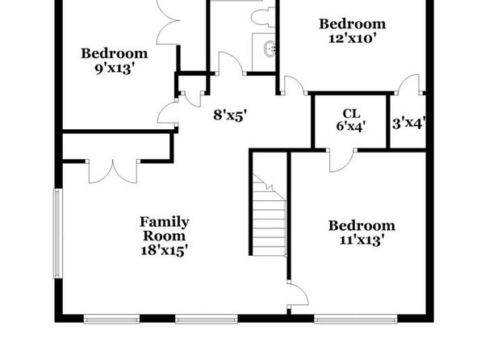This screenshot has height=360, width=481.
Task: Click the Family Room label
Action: point(165,229)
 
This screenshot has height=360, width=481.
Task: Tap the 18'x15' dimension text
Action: point(164,250)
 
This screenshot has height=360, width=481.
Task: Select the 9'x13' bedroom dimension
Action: point(115,69)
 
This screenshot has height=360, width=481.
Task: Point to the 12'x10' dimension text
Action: point(353,39)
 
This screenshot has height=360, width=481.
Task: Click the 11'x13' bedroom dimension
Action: point(362,240)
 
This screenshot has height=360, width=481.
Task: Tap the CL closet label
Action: point(351,114)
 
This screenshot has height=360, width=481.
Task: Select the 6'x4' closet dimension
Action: point(351,126)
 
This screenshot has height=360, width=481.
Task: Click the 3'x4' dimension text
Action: point(409,123)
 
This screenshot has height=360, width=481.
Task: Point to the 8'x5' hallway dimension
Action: point(230,115)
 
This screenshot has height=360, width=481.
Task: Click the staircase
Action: point(269,215)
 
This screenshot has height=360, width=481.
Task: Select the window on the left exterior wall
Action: point(58,233)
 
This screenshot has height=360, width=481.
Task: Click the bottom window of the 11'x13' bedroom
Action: point(356,320)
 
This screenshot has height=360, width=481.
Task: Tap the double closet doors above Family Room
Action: point(113,172)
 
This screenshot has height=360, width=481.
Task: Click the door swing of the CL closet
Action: point(341,160)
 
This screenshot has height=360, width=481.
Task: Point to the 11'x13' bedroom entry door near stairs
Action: point(298,294)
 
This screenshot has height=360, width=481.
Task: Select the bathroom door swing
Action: point(231,63)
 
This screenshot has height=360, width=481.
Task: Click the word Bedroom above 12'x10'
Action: point(353,24)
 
